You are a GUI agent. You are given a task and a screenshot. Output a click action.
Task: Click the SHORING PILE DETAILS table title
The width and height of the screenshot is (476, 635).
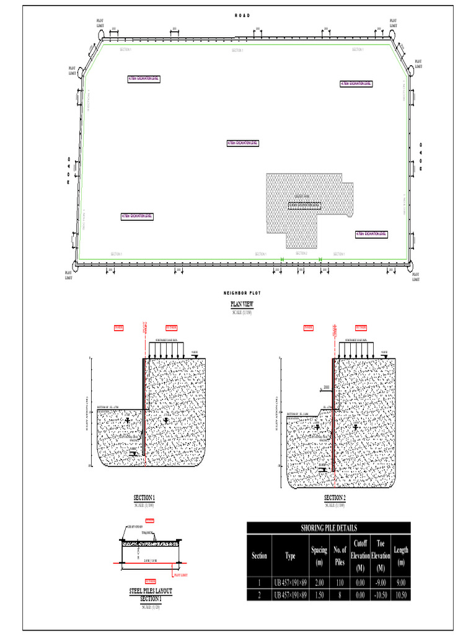(x=328, y=528)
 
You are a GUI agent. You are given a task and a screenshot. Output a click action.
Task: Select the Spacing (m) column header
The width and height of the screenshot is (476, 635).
(x=319, y=556)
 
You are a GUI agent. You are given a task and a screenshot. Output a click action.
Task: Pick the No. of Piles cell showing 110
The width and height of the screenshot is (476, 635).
(x=340, y=583)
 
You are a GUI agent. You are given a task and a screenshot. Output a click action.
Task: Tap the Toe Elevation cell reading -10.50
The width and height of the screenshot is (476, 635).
(x=381, y=595)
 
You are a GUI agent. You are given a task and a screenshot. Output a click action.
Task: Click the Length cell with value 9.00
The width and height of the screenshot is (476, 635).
(x=401, y=583)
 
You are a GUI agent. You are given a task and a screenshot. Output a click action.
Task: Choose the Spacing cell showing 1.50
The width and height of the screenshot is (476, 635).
(x=319, y=595)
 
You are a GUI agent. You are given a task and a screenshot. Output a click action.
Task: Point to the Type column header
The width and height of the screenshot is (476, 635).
(x=290, y=556)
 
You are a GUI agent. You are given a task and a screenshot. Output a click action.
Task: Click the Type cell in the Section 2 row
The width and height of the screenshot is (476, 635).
(x=290, y=595)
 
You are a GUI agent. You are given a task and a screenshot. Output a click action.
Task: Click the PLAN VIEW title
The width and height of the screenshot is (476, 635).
(x=242, y=304)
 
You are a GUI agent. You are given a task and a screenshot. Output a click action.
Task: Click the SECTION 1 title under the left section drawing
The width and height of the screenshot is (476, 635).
(x=144, y=497)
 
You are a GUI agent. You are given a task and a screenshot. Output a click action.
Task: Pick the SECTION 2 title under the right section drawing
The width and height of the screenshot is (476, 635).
(x=335, y=497)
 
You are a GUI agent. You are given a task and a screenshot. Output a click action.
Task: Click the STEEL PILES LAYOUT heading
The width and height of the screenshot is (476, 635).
(x=150, y=592)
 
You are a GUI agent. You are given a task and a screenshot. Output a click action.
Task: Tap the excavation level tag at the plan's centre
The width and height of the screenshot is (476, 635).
(x=242, y=143)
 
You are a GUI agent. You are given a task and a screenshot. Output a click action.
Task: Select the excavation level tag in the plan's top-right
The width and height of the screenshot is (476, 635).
(x=356, y=84)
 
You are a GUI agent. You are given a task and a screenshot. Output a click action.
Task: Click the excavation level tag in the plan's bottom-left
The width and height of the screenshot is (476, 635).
(x=137, y=216)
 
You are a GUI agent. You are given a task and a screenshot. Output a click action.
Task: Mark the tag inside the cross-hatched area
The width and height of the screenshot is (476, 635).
(x=304, y=204)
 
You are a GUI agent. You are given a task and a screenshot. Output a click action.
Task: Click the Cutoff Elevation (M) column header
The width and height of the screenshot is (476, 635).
(x=360, y=556)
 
